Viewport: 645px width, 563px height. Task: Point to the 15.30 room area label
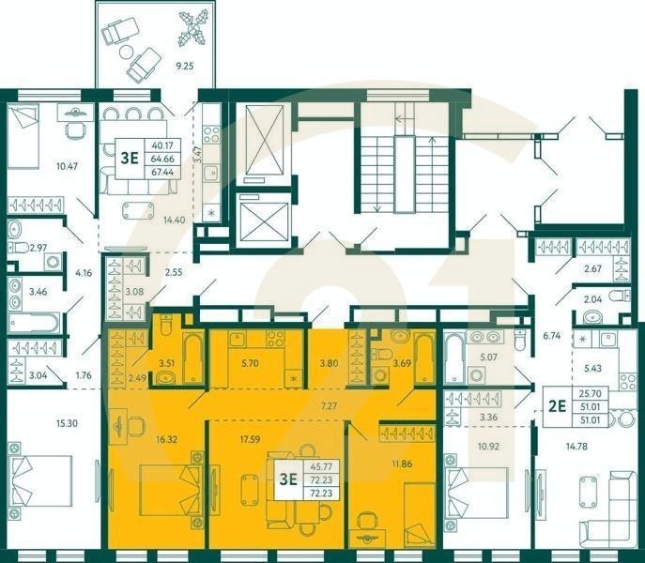39,424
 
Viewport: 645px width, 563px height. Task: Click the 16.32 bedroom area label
167,437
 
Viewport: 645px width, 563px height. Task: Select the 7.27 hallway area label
330,406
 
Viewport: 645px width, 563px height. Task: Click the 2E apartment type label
556,407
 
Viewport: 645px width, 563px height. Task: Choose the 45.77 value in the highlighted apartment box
320,465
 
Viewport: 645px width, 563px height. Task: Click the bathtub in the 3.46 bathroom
34,323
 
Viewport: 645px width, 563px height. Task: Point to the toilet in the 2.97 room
16,248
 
